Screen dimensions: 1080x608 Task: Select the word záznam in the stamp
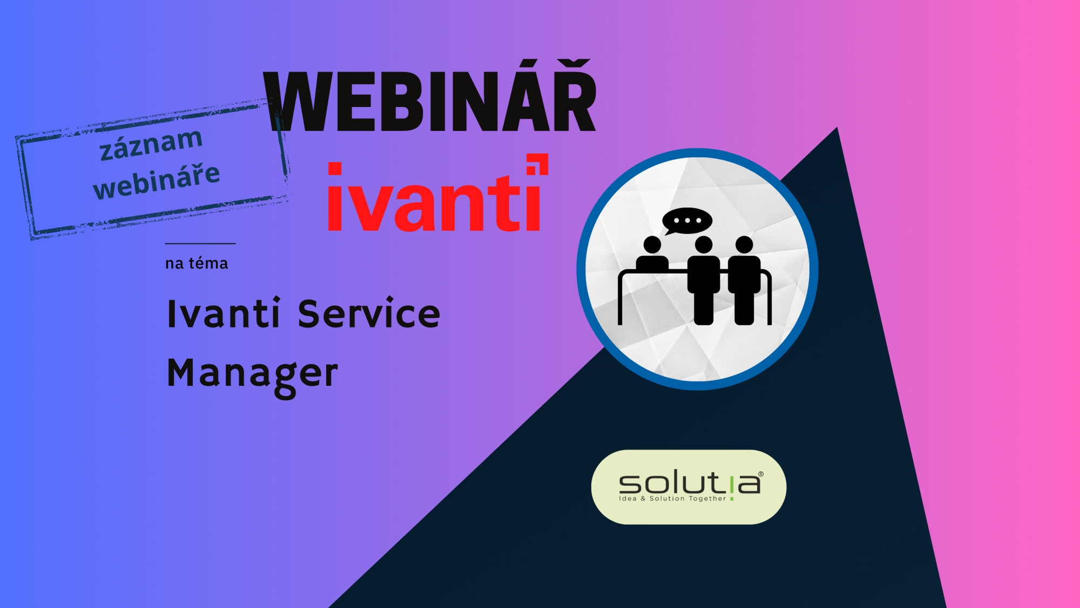(151, 144)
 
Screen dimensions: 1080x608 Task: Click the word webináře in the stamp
(157, 181)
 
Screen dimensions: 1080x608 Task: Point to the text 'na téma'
(197, 263)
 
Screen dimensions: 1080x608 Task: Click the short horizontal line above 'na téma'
(200, 244)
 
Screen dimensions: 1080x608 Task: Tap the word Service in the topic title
(369, 313)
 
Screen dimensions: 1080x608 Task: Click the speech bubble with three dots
(687, 221)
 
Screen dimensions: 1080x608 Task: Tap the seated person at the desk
(652, 254)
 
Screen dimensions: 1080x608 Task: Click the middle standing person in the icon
(704, 280)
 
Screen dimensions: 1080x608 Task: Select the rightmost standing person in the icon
(744, 280)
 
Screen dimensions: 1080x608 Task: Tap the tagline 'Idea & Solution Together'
(672, 499)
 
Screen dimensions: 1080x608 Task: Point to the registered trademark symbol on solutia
(761, 474)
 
